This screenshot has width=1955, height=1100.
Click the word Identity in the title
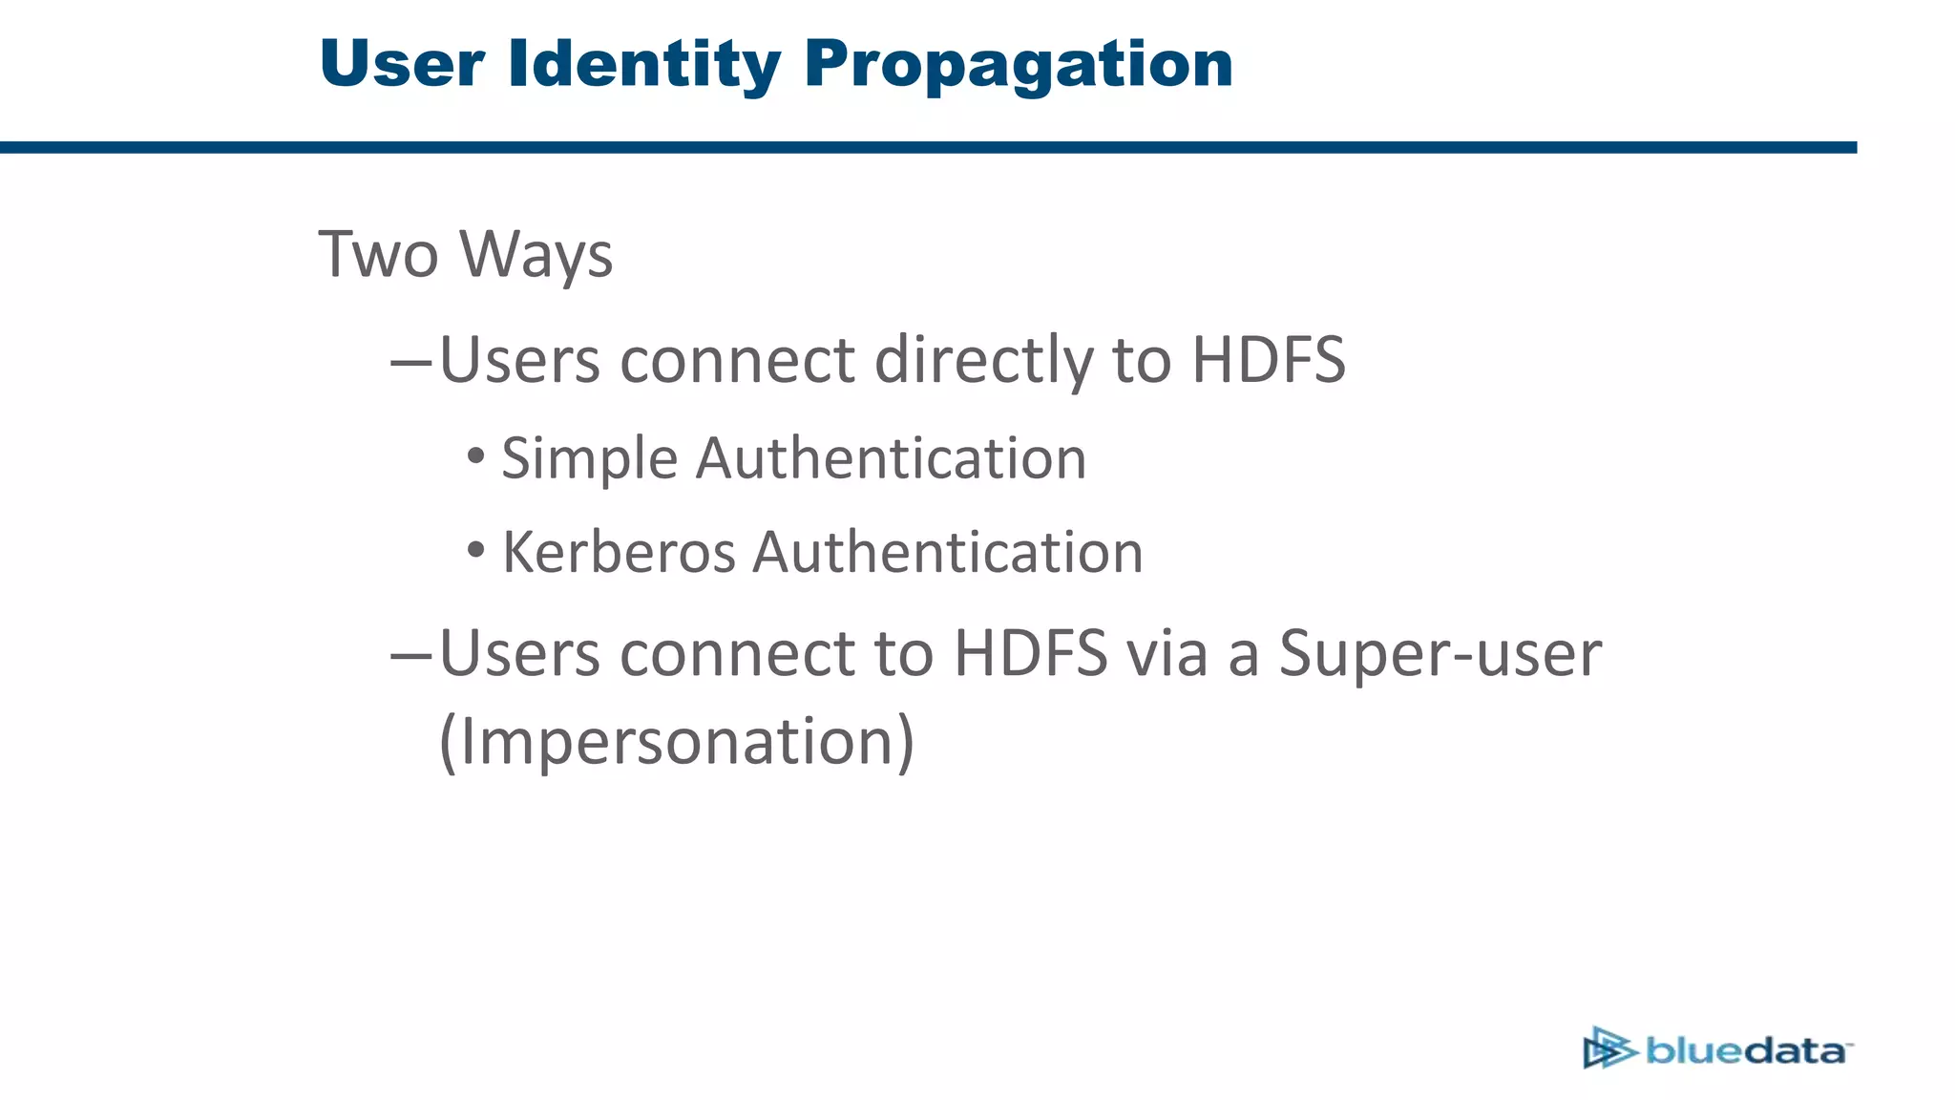coord(644,64)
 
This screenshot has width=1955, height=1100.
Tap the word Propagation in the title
coord(1019,64)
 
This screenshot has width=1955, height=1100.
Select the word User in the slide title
coord(402,64)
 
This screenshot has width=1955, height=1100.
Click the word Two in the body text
coord(378,255)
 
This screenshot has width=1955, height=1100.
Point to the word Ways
coord(536,255)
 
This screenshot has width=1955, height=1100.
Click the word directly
coord(983,360)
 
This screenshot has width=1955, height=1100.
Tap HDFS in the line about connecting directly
coord(1269,360)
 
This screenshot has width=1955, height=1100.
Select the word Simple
coord(589,458)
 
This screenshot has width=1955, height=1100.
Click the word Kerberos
coord(619,552)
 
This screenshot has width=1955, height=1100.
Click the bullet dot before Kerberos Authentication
coord(476,549)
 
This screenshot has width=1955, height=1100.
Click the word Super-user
coord(1440,654)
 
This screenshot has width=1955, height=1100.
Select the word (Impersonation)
coord(676,741)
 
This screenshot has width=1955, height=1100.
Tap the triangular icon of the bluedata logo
coord(1608,1048)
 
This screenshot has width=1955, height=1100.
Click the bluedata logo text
coord(1747,1051)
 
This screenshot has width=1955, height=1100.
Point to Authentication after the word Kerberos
coord(947,552)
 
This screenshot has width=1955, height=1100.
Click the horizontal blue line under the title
coord(926,147)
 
